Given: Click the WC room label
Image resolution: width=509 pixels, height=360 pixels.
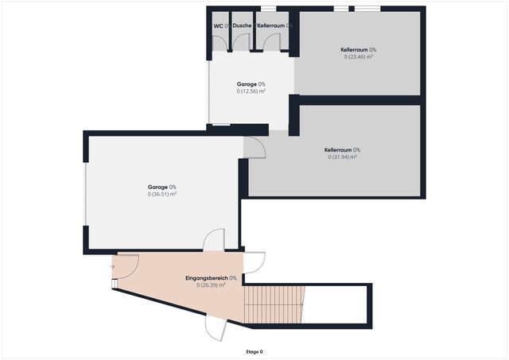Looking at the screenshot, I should point(218,26).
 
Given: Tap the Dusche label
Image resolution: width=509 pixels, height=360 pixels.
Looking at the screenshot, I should point(242,26).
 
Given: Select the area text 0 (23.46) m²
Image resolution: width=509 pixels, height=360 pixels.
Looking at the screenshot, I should point(359,57).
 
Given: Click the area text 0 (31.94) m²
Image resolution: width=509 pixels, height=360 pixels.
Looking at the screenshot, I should point(342,157).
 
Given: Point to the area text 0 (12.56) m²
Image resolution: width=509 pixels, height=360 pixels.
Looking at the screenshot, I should point(251,91).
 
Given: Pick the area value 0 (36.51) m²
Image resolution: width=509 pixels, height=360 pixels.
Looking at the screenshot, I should point(161,195).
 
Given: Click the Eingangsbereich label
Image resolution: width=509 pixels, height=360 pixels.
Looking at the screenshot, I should point(207,278).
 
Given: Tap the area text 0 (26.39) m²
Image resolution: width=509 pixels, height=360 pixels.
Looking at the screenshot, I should point(211,285).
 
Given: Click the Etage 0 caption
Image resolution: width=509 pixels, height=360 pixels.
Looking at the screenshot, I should point(254,351).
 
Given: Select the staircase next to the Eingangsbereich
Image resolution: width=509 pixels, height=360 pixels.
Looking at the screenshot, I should point(274,304).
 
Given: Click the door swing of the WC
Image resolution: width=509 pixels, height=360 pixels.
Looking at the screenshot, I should point(219,45).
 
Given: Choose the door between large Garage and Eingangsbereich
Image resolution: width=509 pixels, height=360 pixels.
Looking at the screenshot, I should point(213,242).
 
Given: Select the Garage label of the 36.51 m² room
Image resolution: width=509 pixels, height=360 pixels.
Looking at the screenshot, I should point(156,187).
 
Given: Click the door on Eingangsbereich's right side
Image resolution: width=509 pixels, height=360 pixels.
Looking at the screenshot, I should point(254,263).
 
